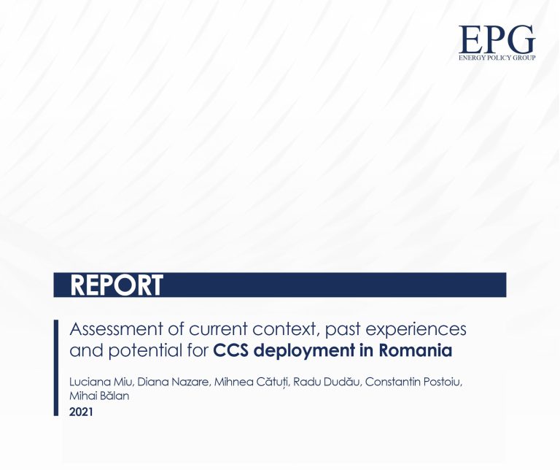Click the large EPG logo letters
tap(497, 39)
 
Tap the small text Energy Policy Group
tap(497, 56)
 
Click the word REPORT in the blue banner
tap(117, 285)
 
